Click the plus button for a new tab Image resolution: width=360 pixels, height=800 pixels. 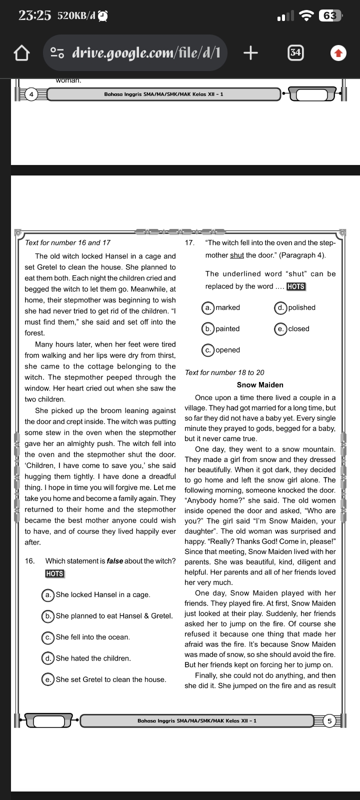(250, 52)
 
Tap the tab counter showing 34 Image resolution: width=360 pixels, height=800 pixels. (295, 52)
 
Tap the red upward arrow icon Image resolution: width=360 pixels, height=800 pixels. (338, 52)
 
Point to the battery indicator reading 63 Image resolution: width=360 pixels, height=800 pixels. (330, 16)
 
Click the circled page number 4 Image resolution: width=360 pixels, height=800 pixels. (31, 94)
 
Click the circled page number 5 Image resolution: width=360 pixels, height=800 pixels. (329, 720)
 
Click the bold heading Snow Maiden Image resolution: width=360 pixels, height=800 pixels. (260, 385)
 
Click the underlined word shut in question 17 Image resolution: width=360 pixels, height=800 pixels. (237, 255)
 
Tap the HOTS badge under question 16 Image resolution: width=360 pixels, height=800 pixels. (54, 573)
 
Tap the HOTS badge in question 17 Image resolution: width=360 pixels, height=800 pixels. (296, 286)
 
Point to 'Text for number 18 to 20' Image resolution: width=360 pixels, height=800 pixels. (224, 372)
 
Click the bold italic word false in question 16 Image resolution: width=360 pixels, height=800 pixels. (115, 561)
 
